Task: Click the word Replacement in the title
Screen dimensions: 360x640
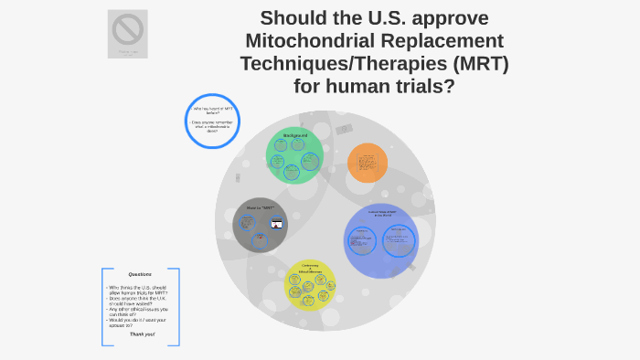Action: tap(440, 40)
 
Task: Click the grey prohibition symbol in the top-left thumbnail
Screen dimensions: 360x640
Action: tap(127, 30)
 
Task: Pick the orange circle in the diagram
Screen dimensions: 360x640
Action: tap(367, 163)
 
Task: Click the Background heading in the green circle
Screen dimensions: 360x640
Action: tap(294, 136)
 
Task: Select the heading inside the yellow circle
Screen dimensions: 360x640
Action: tap(310, 269)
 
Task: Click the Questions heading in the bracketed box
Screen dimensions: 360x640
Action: tap(140, 274)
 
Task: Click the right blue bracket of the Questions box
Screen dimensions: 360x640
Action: tap(178, 306)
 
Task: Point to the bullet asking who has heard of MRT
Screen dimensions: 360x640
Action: tap(212, 111)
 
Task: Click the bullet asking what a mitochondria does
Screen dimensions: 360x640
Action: tap(212, 126)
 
